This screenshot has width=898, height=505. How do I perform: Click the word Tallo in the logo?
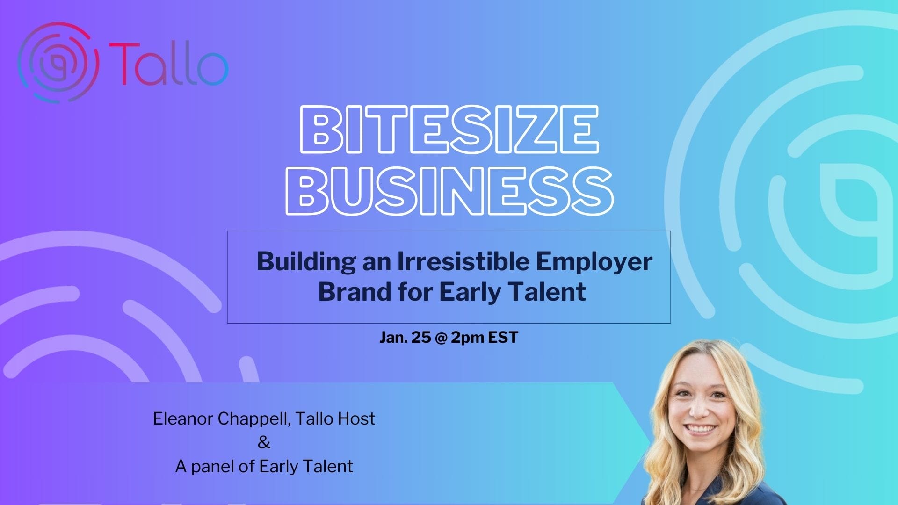coord(169,64)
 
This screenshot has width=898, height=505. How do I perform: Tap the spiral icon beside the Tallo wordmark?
coord(58,62)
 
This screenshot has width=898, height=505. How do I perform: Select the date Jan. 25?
coord(405,338)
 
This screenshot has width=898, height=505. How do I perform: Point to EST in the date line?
coord(503,338)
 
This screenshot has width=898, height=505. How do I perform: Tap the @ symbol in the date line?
coord(441,338)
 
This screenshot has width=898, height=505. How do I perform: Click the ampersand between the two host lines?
coord(264,443)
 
